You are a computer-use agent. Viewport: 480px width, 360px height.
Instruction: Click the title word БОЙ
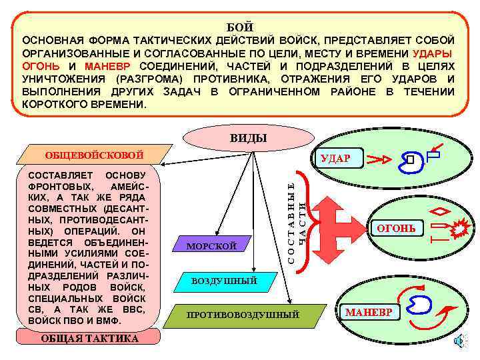[x=240, y=27]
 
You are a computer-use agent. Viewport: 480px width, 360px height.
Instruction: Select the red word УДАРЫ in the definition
[x=433, y=53]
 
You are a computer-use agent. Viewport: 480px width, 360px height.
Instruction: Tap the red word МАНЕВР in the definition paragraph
[x=108, y=66]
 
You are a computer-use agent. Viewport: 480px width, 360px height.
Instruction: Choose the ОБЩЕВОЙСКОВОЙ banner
[x=94, y=155]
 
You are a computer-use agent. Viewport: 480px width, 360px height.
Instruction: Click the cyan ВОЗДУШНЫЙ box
[x=224, y=281]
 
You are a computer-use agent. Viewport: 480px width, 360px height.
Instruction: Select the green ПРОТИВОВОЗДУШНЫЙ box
[x=243, y=314]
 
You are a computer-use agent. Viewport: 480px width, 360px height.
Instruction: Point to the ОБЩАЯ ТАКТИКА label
[x=90, y=338]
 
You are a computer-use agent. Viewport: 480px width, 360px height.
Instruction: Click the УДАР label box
[x=340, y=159]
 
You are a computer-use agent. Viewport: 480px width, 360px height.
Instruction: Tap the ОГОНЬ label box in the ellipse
[x=397, y=229]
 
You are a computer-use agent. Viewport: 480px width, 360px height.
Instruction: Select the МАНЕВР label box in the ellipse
[x=367, y=312]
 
